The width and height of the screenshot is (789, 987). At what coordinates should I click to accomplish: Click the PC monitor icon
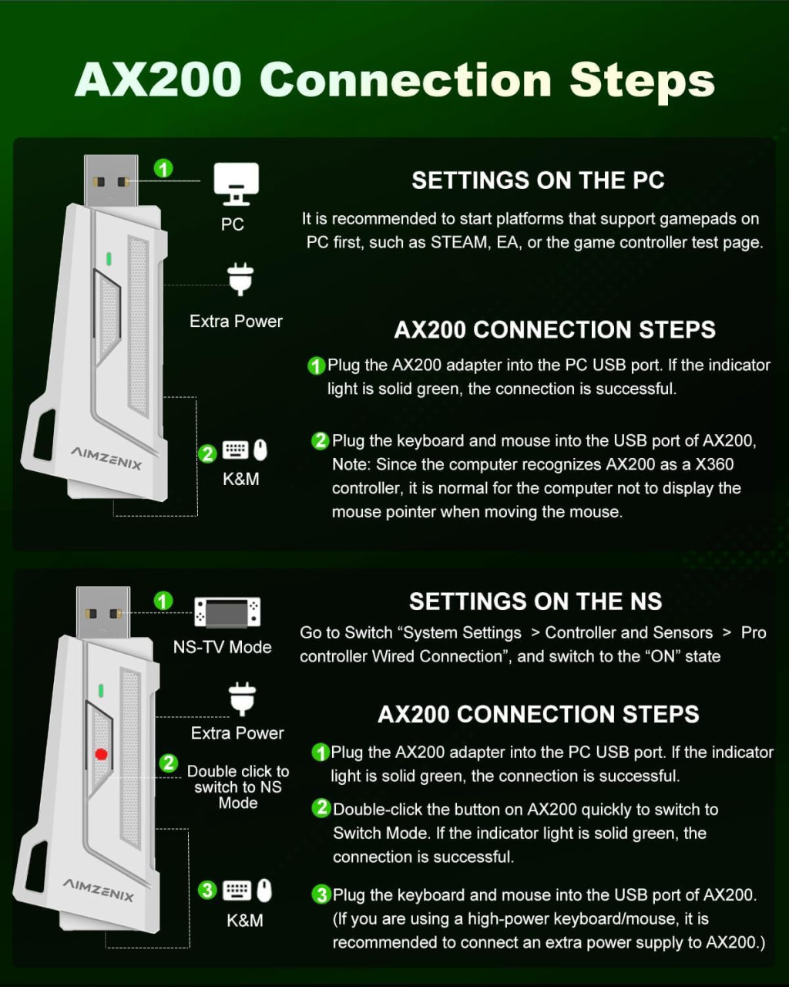(x=236, y=184)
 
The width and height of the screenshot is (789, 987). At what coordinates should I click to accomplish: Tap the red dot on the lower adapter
(x=101, y=754)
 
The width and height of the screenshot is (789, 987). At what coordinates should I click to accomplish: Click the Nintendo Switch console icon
(x=227, y=612)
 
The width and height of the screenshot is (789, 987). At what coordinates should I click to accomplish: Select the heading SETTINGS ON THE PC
(x=538, y=180)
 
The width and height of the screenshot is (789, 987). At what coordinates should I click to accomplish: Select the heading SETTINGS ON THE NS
(x=536, y=601)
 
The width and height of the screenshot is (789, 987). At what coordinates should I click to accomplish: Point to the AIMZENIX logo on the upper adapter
(x=106, y=458)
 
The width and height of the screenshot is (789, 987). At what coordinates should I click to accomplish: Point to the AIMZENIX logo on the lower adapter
(x=98, y=890)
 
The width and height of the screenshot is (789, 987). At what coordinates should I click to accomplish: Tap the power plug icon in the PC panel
(x=240, y=279)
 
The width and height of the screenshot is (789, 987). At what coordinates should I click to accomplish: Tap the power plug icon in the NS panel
(x=243, y=699)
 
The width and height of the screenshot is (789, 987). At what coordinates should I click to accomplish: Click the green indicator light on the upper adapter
(x=109, y=258)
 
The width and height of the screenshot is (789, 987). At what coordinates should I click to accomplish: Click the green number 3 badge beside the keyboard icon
(x=207, y=890)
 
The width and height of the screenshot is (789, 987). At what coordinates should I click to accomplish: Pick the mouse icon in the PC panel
(x=260, y=450)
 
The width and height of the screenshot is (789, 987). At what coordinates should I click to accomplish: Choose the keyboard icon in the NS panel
(x=237, y=891)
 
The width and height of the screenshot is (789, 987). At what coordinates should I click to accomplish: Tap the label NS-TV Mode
(x=223, y=647)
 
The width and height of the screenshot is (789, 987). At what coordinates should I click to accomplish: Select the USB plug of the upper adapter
(x=110, y=181)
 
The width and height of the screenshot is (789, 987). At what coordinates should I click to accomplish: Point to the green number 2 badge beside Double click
(x=169, y=763)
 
